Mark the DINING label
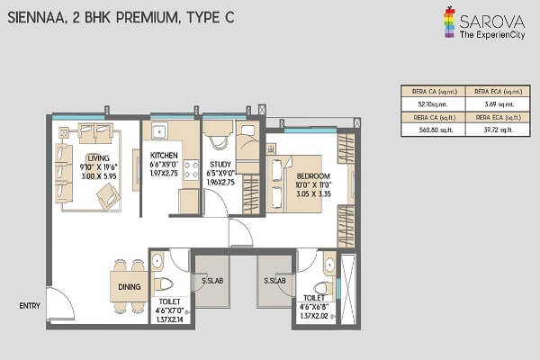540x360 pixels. pyautogui.click(x=129, y=287)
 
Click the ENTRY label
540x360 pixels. pyautogui.click(x=31, y=306)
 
